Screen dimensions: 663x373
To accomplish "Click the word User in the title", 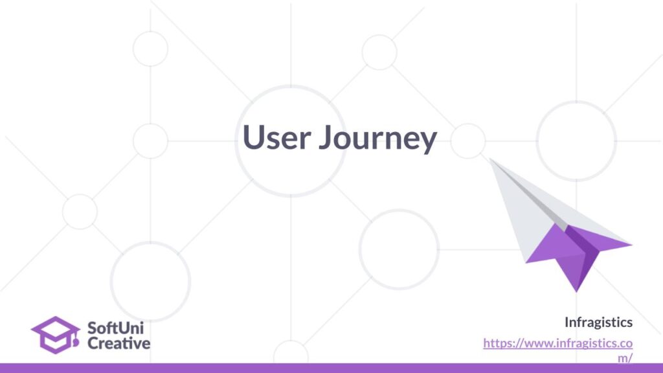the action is pos(277,137).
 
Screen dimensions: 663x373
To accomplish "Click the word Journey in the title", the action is pos(378,139).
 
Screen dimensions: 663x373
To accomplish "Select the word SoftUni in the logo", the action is pos(115,328).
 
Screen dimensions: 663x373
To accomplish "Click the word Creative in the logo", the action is pos(119,343).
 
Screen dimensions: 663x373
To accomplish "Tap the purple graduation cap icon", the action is pos(56,335).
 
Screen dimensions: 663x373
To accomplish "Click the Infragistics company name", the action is pos(599,322).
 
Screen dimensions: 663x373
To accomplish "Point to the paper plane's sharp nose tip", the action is pos(490,159).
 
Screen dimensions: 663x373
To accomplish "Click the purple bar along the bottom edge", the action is pos(331,368).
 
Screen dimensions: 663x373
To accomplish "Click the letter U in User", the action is pos(253,137).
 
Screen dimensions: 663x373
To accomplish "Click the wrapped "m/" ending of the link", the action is pos(625,358).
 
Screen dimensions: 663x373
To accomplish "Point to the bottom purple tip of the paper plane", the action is pos(576,291).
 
